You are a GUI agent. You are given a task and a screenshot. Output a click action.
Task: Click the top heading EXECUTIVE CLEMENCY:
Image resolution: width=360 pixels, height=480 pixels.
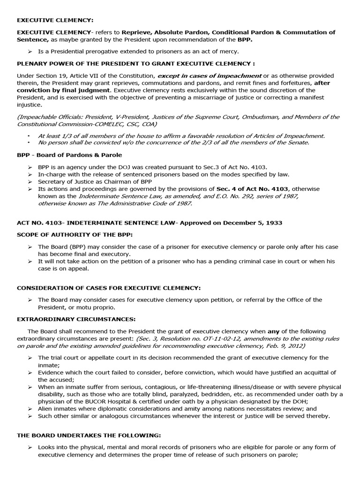click(x=55, y=20)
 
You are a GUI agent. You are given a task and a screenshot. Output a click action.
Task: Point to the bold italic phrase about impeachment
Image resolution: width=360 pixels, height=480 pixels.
click(x=209, y=75)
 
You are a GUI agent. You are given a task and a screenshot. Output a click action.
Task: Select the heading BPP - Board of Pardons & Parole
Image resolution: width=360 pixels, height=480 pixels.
click(x=70, y=154)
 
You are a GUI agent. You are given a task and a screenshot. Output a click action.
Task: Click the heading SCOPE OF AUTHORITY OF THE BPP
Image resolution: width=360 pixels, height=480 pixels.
click(x=75, y=234)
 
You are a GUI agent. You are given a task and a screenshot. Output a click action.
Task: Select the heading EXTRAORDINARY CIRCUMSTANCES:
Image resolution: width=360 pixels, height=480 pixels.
click(x=76, y=319)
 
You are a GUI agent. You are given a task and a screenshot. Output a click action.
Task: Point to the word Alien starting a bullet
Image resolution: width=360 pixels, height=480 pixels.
click(x=46, y=409)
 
